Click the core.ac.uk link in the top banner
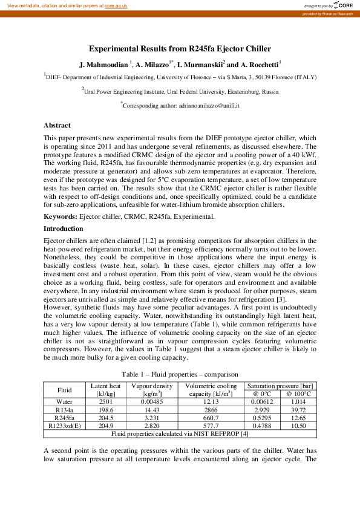pos(116,5)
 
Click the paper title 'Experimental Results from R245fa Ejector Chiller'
pos(180,49)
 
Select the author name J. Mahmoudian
pos(103,64)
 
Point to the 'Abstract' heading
pos(57,125)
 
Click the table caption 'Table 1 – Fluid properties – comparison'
pos(180,374)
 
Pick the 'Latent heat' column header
pos(105,386)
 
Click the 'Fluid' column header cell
pos(64,390)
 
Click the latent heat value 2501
pos(105,401)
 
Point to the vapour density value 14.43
pos(148,409)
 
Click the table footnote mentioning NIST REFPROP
pos(180,433)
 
